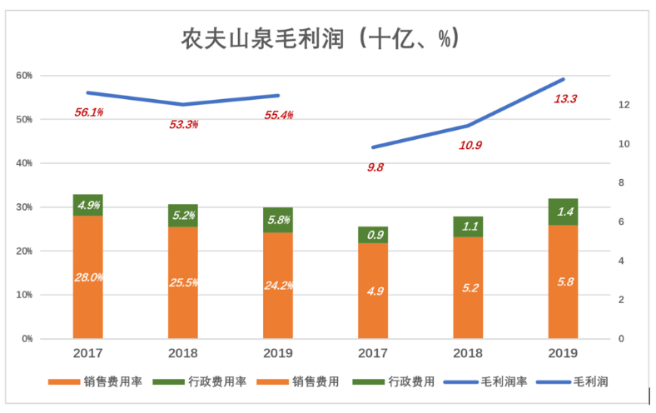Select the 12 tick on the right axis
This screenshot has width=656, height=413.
[622, 105]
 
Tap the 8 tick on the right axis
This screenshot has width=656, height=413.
[619, 183]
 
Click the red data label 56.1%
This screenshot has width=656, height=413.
[88, 112]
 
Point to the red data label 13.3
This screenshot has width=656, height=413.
[565, 98]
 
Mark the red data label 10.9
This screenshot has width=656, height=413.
[470, 145]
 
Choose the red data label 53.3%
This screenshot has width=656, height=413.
[183, 124]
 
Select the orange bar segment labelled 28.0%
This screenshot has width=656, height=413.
[88, 276]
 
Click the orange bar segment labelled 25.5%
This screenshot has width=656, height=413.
[183, 282]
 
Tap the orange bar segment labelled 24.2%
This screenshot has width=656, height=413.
[278, 285]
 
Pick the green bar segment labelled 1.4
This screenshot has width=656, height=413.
[564, 211]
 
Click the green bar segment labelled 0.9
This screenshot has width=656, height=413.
[374, 235]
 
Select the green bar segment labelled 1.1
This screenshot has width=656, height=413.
[469, 226]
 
